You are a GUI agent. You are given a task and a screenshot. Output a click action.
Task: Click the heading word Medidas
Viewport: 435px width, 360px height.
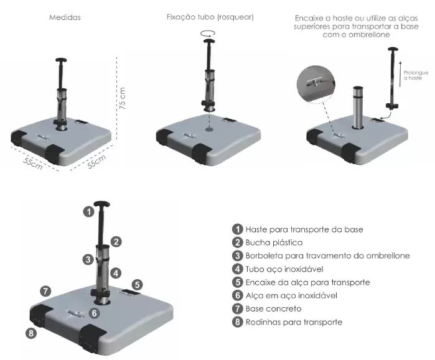click(65, 17)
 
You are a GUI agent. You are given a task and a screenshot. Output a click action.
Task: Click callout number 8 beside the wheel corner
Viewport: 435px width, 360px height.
click(30, 333)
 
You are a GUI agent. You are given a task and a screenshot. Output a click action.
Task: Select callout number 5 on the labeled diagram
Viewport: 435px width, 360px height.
click(137, 284)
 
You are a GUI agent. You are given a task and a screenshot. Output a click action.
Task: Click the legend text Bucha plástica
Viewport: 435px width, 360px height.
click(274, 242)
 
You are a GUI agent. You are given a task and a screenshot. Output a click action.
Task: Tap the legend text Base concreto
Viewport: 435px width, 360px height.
click(273, 309)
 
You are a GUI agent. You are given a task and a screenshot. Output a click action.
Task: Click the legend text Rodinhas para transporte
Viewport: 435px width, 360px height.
click(294, 322)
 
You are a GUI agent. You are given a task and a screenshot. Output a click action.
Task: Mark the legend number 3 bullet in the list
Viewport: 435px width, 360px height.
click(237, 256)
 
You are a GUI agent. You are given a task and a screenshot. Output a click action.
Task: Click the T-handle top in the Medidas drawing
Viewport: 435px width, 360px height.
click(62, 61)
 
